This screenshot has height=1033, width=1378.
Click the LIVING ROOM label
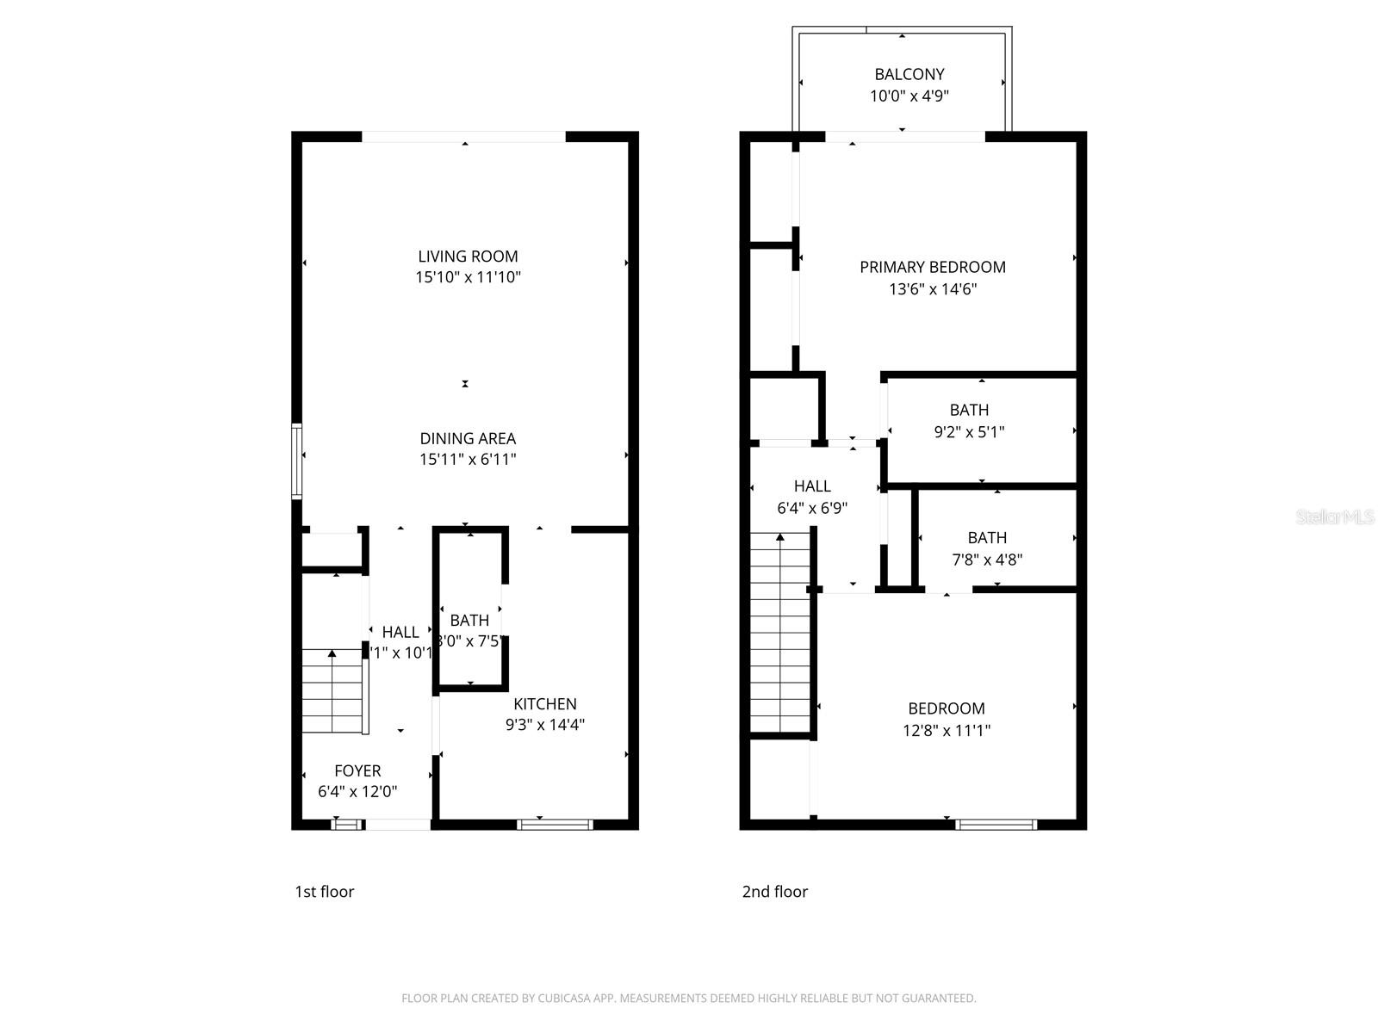click(x=468, y=256)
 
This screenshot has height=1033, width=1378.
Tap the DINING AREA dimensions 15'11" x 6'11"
click(x=468, y=460)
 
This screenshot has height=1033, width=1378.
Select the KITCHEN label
click(x=545, y=703)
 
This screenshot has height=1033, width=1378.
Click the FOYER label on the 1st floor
click(x=357, y=770)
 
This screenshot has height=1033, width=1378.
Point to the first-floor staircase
click(x=333, y=691)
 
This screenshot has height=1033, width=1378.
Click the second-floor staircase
click(x=780, y=633)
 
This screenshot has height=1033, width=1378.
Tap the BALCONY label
click(x=909, y=74)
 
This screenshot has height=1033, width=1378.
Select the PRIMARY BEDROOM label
click(x=933, y=267)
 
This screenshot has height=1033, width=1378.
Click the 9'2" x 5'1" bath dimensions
click(x=970, y=432)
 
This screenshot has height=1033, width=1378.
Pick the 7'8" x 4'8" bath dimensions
click(x=987, y=560)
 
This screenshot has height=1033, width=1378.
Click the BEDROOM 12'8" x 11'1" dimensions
click(x=947, y=731)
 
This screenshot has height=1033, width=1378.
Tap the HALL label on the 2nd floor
click(x=812, y=486)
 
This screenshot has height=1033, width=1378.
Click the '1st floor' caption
click(x=325, y=892)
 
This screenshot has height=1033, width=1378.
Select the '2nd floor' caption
click(x=775, y=892)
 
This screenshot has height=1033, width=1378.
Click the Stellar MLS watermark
click(x=1335, y=516)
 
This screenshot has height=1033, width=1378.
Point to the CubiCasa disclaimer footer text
click(x=689, y=999)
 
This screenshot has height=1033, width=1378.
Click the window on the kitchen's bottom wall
click(x=555, y=825)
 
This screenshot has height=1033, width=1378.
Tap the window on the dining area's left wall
click(x=296, y=461)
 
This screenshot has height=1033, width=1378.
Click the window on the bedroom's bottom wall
click(x=996, y=825)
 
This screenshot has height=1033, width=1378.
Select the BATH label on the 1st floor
click(x=469, y=620)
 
